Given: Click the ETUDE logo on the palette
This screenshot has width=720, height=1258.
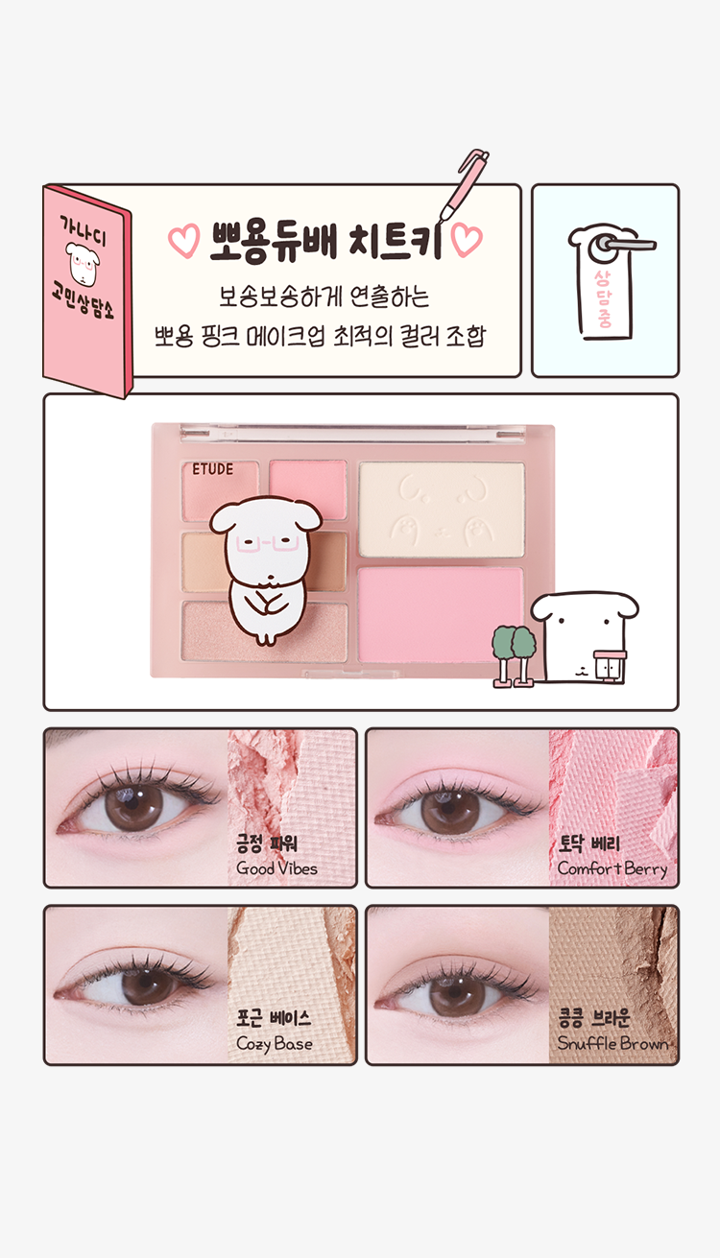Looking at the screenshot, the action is pyautogui.click(x=212, y=469).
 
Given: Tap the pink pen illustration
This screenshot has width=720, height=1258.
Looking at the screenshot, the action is pyautogui.click(x=465, y=185).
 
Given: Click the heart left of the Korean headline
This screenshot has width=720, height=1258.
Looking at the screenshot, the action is pyautogui.click(x=184, y=241).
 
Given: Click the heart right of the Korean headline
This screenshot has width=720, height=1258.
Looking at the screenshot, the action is pyautogui.click(x=467, y=240).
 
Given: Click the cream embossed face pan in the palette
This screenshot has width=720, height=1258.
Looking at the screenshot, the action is pyautogui.click(x=442, y=510).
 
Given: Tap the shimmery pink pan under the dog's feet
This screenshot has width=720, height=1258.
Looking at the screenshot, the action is pyautogui.click(x=264, y=631).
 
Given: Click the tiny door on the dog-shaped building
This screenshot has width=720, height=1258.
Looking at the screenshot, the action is pyautogui.click(x=610, y=666).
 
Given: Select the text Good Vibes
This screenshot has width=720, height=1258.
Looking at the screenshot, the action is pyautogui.click(x=276, y=868).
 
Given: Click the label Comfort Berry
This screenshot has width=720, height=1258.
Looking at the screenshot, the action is pyautogui.click(x=612, y=868).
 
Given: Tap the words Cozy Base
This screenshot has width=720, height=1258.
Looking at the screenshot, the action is pyautogui.click(x=275, y=1044).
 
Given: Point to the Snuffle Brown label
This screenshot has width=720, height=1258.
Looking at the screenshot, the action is pyautogui.click(x=612, y=1043).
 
